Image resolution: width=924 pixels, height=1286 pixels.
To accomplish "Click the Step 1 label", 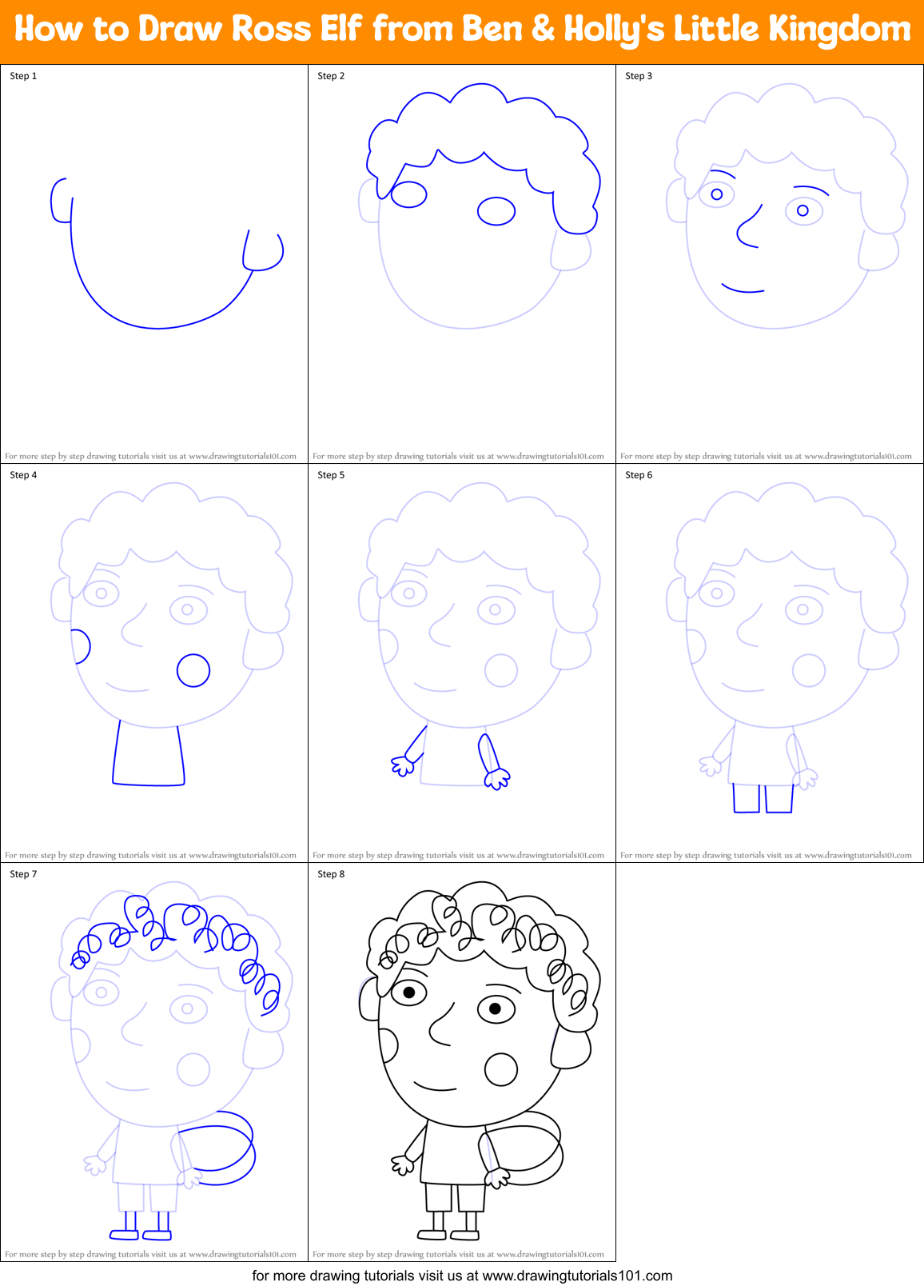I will click(x=23, y=76).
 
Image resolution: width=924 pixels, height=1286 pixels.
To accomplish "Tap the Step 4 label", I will click(x=23, y=475).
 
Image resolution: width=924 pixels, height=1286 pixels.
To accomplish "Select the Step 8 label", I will click(x=331, y=874).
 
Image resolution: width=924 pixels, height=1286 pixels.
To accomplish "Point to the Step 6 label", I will click(x=639, y=475).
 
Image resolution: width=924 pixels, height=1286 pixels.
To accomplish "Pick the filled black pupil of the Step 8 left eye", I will click(x=409, y=992).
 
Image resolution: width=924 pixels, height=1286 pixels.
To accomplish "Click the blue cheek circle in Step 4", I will click(x=193, y=670).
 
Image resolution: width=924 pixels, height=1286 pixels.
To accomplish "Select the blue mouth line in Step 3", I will click(x=743, y=289).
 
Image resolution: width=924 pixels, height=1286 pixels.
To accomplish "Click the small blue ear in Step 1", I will click(x=59, y=200).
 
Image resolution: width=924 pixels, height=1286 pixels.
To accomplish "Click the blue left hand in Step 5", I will click(x=403, y=766).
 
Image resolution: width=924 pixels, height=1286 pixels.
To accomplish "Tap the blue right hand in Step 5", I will click(x=497, y=778).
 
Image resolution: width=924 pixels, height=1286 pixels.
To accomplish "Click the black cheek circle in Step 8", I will click(x=501, y=1069).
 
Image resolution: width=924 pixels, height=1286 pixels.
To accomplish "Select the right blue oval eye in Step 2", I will click(x=496, y=211).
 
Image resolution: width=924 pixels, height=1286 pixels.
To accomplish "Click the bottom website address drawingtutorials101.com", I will click(x=577, y=1276).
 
